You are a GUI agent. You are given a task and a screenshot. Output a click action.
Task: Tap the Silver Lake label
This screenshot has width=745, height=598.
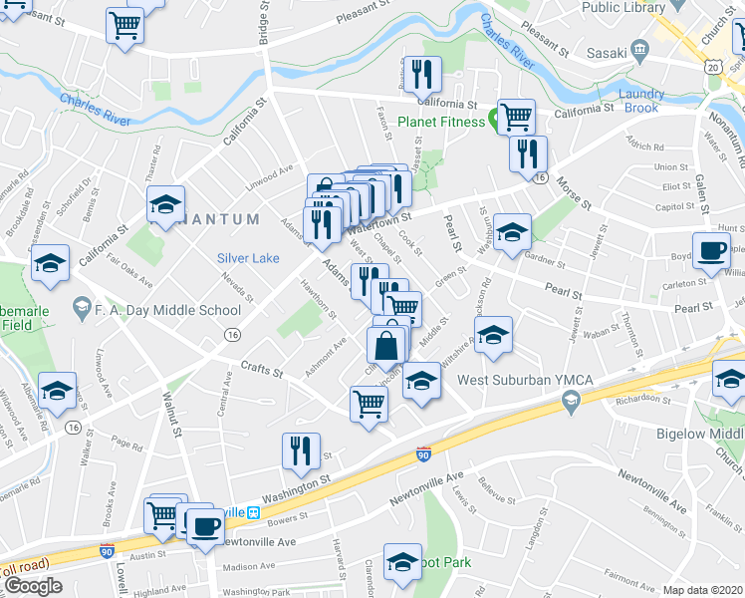249,258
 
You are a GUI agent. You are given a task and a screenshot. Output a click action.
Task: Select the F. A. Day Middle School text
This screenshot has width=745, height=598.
167,310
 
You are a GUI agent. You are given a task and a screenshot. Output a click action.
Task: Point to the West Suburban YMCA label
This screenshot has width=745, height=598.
508,380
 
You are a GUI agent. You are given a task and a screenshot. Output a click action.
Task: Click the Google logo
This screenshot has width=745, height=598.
33,586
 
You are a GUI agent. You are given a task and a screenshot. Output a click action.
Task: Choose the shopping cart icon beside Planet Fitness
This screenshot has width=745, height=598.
516,117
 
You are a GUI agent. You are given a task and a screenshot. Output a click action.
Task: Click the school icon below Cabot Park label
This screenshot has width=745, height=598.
403,562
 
